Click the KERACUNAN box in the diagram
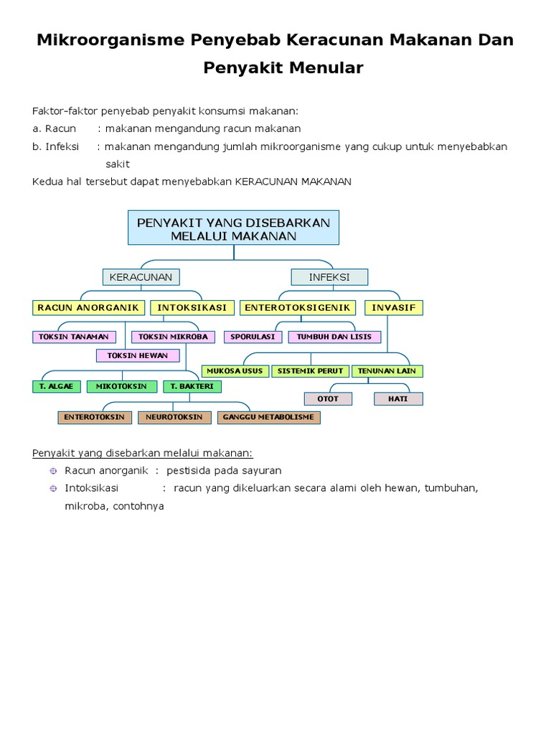pos(141,277)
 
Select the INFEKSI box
pos(329,277)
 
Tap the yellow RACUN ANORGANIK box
pos(88,307)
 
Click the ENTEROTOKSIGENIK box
pos(298,307)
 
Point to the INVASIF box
pos(394,307)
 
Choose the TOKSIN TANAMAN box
pos(74,337)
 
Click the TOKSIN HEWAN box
pos(138,355)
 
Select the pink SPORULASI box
pos(253,337)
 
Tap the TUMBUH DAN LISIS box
pos(334,337)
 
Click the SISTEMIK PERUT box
pos(311,371)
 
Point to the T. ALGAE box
pos(57,386)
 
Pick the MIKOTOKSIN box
pos(122,386)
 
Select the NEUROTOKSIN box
pos(174,417)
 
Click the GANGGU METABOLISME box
pos(268,417)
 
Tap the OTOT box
pos(327,398)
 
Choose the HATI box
pos(398,398)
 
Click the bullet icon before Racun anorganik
pos(52,471)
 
